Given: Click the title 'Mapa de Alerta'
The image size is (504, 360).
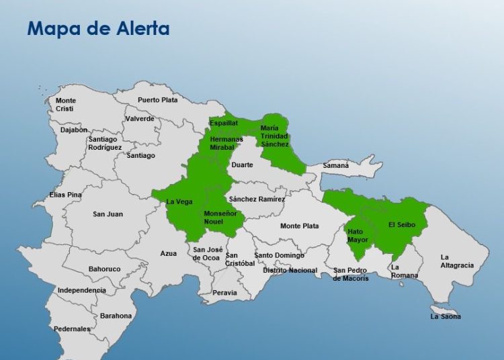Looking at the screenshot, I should [97, 29].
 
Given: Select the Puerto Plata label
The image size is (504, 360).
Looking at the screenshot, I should [158, 100].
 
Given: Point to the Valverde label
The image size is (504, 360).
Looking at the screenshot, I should [140, 119].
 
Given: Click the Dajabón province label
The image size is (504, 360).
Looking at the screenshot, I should [74, 130].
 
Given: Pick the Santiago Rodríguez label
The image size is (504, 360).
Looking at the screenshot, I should [105, 143].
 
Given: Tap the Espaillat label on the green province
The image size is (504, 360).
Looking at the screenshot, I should [224, 124].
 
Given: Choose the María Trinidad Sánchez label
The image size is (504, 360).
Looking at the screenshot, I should [274, 136].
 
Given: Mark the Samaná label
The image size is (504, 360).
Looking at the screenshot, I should [336, 165].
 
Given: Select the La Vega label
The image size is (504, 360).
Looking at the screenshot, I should [179, 201].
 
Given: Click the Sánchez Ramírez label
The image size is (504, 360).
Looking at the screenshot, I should [257, 199].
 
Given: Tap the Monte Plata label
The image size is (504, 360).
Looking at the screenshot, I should [300, 226].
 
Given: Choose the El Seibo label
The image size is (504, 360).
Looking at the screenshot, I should [403, 224].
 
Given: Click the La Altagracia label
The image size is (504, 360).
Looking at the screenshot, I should [457, 261].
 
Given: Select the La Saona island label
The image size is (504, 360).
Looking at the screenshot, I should [446, 316].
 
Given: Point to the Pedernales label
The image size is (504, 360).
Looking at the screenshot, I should [72, 329].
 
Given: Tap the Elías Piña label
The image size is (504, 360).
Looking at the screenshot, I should [65, 195].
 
